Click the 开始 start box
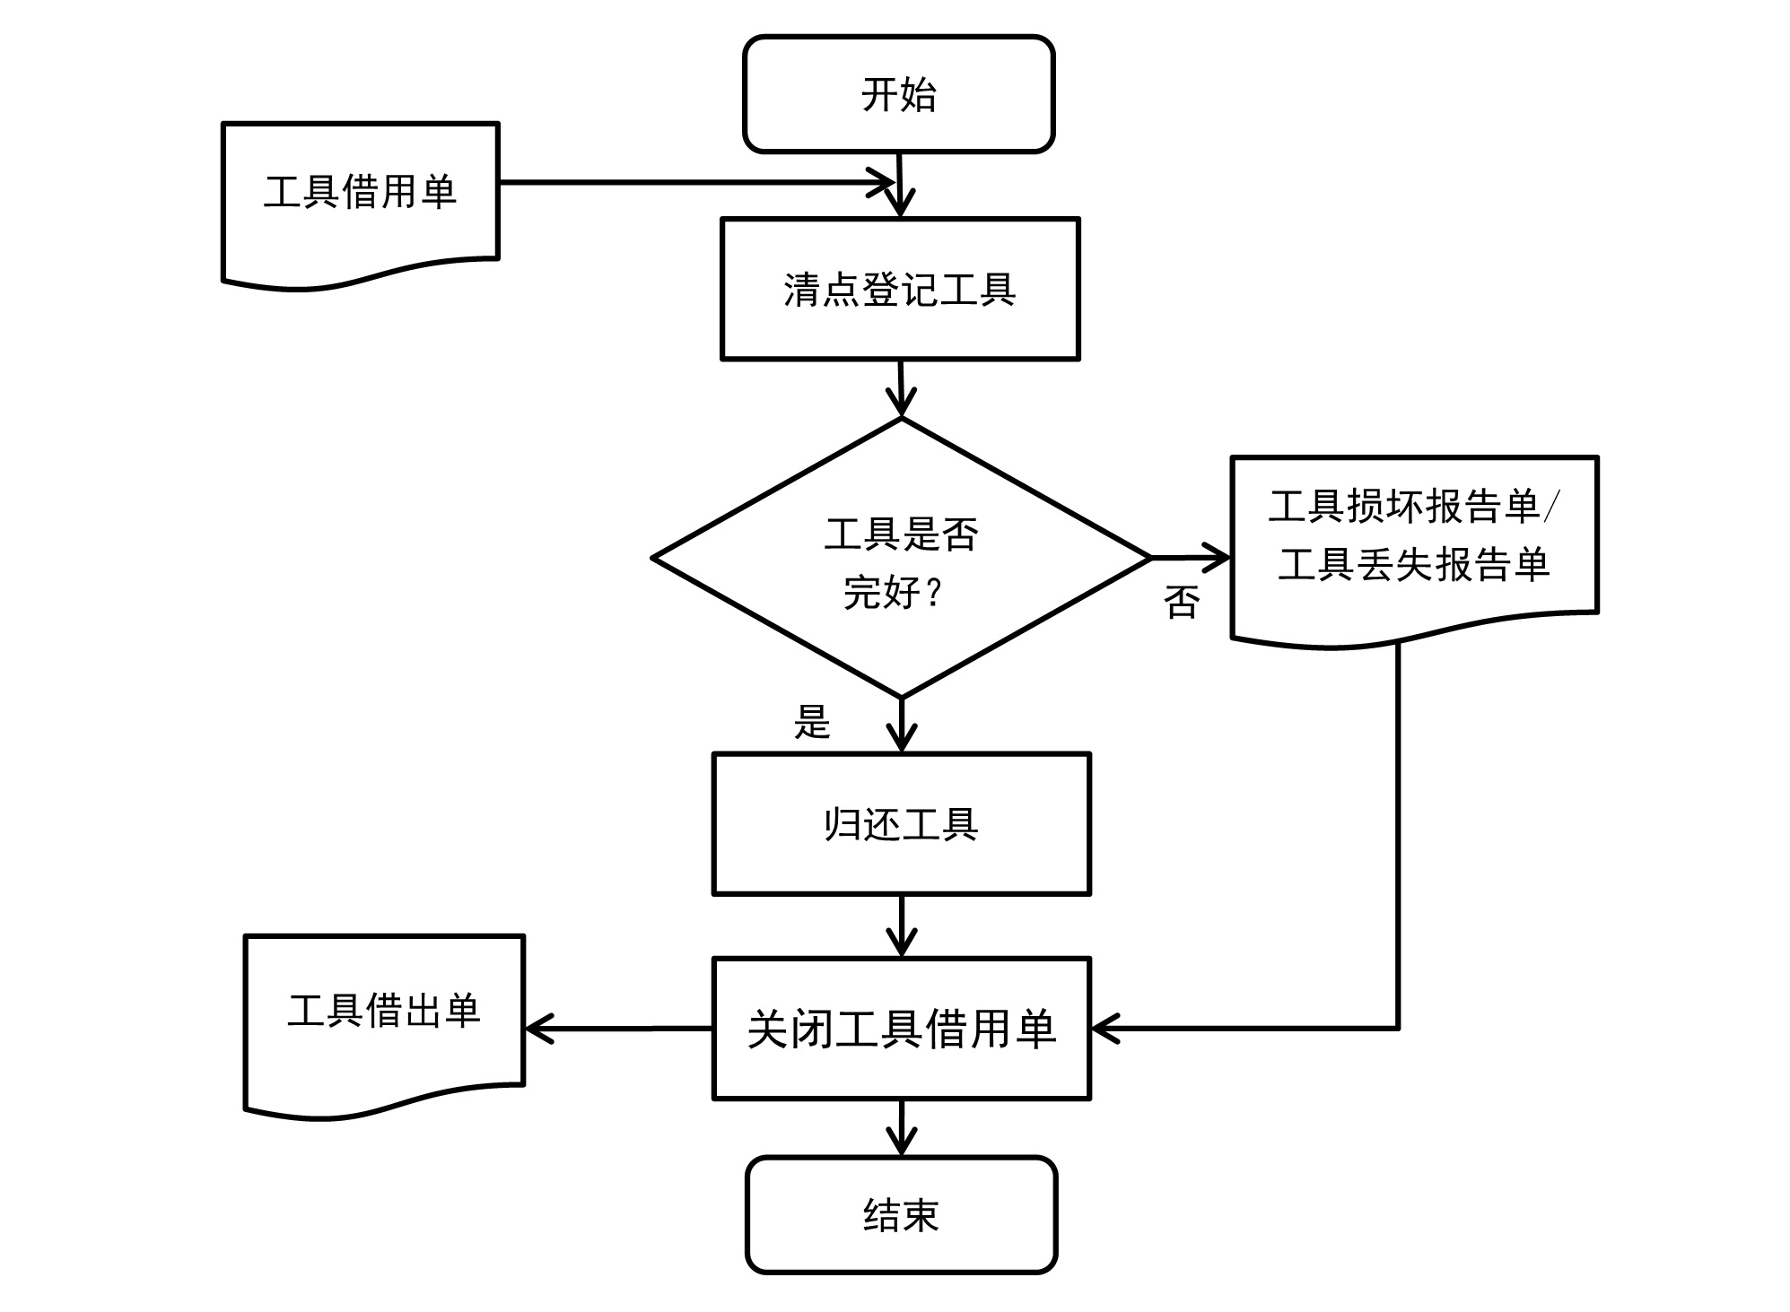[x=898, y=95]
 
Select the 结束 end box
[x=901, y=1214]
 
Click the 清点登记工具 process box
[x=900, y=289]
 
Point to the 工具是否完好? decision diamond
[x=901, y=559]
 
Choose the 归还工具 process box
[x=901, y=823]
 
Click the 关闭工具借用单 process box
[x=901, y=1028]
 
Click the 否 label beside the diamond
[x=1181, y=602]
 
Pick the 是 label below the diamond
[x=812, y=721]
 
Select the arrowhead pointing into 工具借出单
[x=538, y=1029]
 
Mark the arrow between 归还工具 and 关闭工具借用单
[x=901, y=925]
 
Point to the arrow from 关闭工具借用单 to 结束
[x=901, y=1127]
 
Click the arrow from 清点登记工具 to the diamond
[x=901, y=387]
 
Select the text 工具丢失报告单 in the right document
[x=1414, y=565]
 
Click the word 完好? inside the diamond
[x=893, y=592]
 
